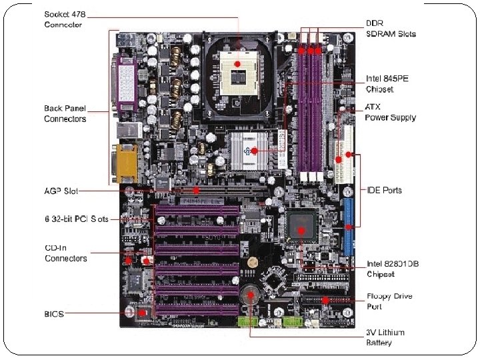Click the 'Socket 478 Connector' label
pyautogui.click(x=64, y=19)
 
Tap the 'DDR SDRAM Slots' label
pyautogui.click(x=391, y=29)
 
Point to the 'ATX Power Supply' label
pyautogui.click(x=391, y=112)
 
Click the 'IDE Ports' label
pyautogui.click(x=385, y=190)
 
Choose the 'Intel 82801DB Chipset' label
pyautogui.click(x=393, y=269)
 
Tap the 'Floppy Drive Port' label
pyautogui.click(x=389, y=301)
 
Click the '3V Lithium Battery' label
pyautogui.click(x=385, y=337)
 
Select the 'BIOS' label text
pyautogui.click(x=55, y=313)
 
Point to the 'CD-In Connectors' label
pyautogui.click(x=65, y=253)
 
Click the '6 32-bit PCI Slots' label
pyautogui.click(x=76, y=219)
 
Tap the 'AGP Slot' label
pyautogui.click(x=61, y=191)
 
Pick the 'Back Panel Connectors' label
pyautogui.click(x=65, y=113)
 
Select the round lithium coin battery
pyautogui.click(x=250, y=294)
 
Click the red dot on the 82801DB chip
pyautogui.click(x=301, y=231)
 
